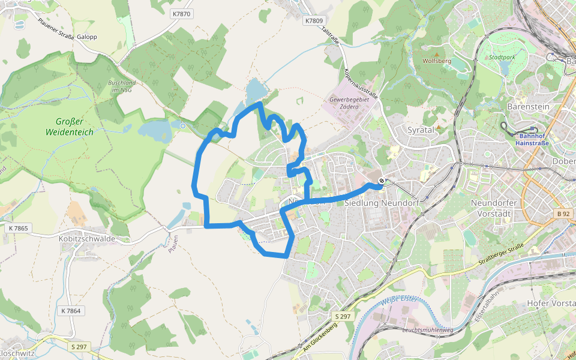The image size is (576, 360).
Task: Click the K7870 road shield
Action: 181,13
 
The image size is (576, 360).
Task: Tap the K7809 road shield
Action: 313,20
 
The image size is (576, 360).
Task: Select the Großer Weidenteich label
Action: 70,127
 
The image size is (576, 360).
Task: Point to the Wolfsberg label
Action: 436,61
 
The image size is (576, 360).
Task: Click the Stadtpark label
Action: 502,58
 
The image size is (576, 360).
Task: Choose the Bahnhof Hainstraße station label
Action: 533,139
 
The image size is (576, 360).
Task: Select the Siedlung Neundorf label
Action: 382,203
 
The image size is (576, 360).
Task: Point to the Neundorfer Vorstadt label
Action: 494,208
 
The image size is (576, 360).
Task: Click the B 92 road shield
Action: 562,214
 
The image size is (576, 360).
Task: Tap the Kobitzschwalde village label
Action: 87,238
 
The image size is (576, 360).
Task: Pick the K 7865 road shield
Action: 19,229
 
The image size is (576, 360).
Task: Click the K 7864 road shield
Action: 70,311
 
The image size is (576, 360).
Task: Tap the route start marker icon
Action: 381,182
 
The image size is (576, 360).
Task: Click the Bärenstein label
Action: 528,107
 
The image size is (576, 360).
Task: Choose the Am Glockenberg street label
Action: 320,340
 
